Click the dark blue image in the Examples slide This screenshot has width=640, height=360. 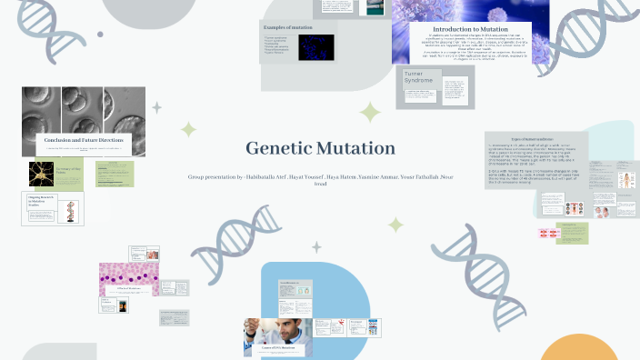coord(316,47)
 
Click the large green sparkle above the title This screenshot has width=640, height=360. coord(370,113)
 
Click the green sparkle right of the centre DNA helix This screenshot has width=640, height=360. coord(395,225)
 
